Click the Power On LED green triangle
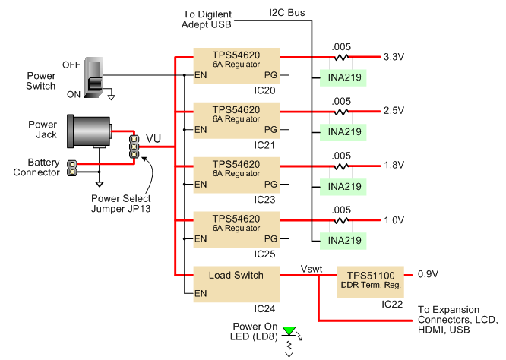pyautogui.click(x=289, y=331)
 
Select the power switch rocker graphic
pyautogui.click(x=94, y=77)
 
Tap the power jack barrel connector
pyautogui.click(x=90, y=131)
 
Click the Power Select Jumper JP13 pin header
pyautogui.click(x=134, y=147)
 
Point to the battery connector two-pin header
pyautogui.click(x=71, y=168)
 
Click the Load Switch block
pyautogui.click(x=236, y=284)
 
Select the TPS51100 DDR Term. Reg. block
pyautogui.click(x=371, y=282)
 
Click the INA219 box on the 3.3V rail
pyautogui.click(x=343, y=77)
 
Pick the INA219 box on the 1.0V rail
pyautogui.click(x=343, y=241)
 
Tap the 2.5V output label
pyautogui.click(x=394, y=111)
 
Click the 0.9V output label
pyautogui.click(x=428, y=274)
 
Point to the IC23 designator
pyautogui.click(x=264, y=200)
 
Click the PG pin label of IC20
pyautogui.click(x=270, y=75)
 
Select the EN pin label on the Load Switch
pyautogui.click(x=201, y=294)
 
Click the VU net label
pyautogui.click(x=153, y=138)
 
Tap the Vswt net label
pyautogui.click(x=312, y=269)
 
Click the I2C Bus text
pyautogui.click(x=287, y=13)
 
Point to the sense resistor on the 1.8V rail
pyautogui.click(x=341, y=166)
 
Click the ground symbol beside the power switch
pyautogui.click(x=112, y=96)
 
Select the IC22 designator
pyautogui.click(x=392, y=305)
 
